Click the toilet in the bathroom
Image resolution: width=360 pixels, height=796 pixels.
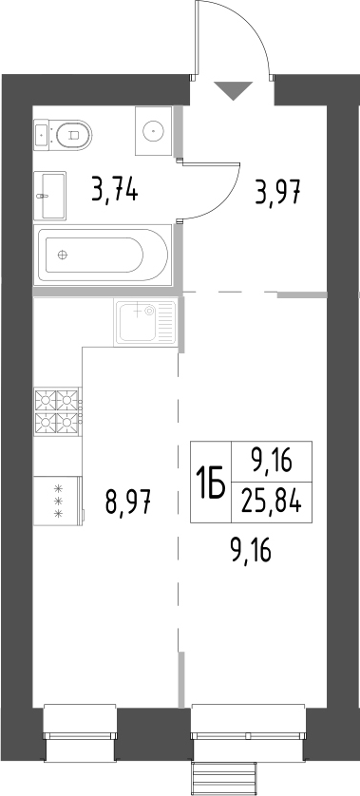pos(64,135)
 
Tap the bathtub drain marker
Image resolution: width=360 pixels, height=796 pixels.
pos(63,255)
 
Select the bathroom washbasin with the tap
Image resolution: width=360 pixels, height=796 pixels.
pos(49,196)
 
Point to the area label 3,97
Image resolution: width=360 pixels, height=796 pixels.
pos(278,193)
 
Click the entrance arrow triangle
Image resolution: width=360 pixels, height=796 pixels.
pos(233,90)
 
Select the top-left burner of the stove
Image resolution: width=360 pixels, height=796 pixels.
pos(46,401)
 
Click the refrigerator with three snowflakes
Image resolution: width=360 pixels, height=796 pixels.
pos(58,501)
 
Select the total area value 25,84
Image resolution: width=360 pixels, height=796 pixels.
pos(272,503)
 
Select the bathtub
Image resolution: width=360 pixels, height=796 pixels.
pos(104,255)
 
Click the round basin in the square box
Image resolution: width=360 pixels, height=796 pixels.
pos(154,131)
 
